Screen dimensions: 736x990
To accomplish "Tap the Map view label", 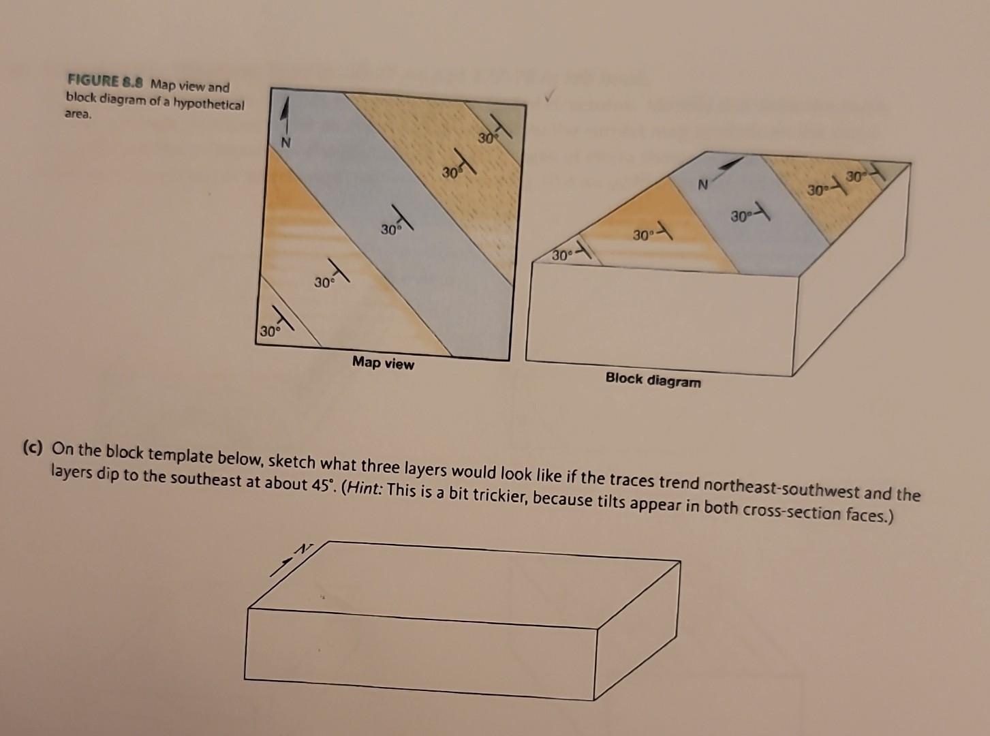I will tap(383, 363).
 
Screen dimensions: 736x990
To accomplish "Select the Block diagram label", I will tap(653, 380).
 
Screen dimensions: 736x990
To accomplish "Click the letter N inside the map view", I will tap(286, 142).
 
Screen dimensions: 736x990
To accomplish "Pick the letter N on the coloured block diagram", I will tap(702, 185).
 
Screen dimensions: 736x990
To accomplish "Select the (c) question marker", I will tap(32, 448).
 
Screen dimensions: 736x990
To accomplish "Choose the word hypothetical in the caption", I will tap(211, 104).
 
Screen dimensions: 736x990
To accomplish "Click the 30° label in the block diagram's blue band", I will tap(741, 217).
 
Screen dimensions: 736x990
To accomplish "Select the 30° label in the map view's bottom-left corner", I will tap(268, 332).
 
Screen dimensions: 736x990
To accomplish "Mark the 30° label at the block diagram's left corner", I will tap(562, 256).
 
